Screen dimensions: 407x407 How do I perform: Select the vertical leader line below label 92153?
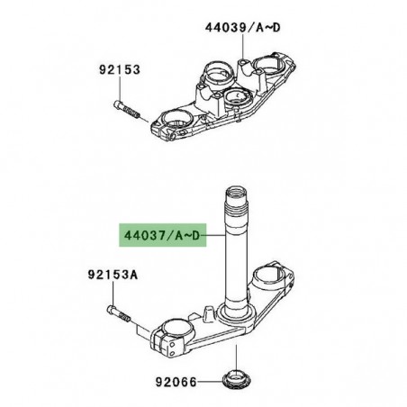pos(116,88)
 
